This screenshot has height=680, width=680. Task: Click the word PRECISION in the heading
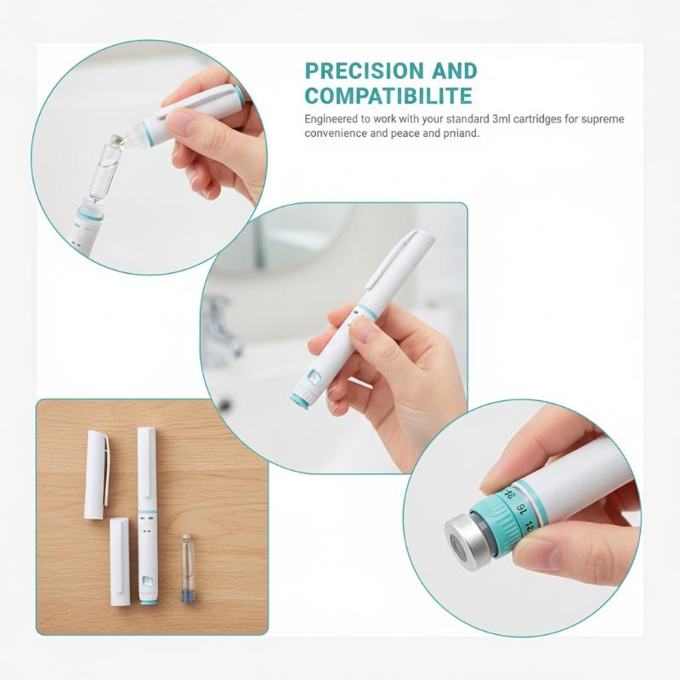365,71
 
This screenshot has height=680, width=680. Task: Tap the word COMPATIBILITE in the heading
388,96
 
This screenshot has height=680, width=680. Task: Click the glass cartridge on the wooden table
187,568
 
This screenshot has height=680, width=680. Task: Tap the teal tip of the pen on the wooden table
148,601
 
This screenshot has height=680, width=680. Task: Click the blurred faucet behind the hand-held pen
222,330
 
